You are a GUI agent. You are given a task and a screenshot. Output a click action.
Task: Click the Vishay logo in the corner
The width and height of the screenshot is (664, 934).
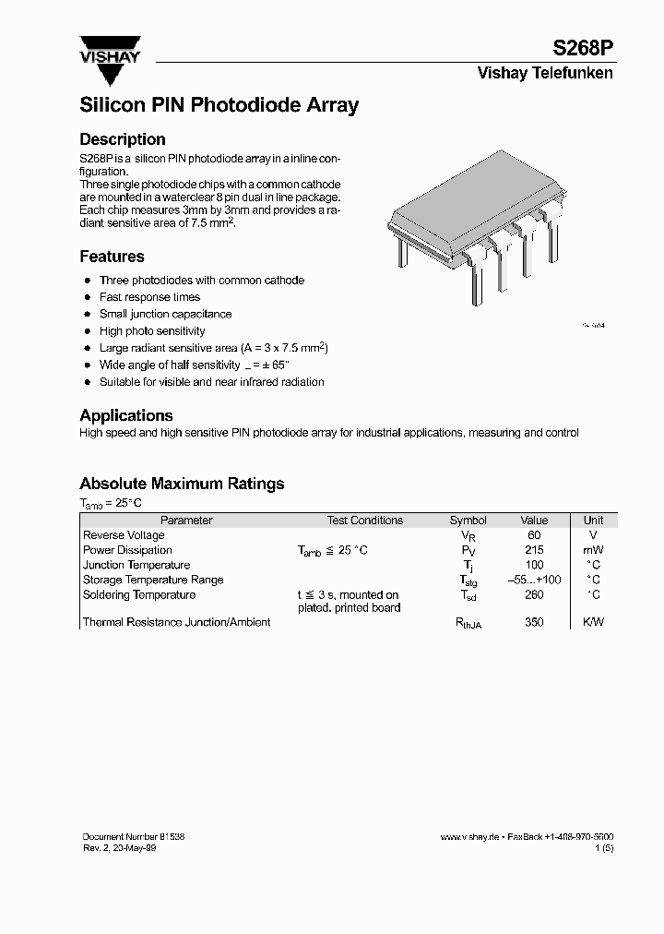tap(109, 51)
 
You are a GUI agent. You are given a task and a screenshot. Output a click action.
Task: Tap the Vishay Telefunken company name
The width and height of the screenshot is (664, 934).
tap(544, 74)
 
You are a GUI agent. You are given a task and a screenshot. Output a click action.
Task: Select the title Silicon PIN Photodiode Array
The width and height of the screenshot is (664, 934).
tap(219, 105)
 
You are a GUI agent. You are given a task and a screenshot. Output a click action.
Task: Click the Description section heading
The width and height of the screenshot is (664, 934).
tap(123, 139)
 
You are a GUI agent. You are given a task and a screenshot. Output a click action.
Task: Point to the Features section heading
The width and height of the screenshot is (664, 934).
tap(112, 257)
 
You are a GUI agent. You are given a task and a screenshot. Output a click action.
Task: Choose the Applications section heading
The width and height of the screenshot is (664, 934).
tap(126, 415)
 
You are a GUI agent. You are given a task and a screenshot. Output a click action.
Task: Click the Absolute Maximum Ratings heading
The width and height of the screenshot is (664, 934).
tap(182, 484)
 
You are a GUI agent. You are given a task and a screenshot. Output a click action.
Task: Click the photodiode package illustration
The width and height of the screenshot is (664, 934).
tap(474, 235)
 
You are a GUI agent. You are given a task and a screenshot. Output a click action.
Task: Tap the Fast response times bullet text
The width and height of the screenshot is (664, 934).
tap(149, 297)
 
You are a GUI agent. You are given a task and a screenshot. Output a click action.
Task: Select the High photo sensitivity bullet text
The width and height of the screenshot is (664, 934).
tap(152, 330)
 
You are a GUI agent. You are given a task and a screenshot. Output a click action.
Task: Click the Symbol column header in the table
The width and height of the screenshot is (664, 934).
tap(468, 521)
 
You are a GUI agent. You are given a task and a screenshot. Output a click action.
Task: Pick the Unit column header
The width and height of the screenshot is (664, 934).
tap(593, 521)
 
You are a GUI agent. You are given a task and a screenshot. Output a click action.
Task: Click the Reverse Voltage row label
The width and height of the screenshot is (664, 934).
tap(124, 535)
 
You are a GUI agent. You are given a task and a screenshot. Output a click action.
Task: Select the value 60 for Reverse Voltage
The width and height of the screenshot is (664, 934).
tap(534, 535)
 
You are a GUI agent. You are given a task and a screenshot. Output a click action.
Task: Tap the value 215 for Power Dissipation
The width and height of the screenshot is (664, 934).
tap(534, 550)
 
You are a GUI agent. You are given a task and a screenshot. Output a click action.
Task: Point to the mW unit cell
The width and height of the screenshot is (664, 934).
tap(593, 550)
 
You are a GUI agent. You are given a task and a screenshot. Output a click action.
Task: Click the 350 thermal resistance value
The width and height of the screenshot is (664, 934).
tap(534, 623)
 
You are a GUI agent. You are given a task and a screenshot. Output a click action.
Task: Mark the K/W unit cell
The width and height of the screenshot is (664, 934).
tap(593, 623)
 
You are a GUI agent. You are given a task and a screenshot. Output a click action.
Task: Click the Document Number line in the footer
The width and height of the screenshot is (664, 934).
tap(134, 836)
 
